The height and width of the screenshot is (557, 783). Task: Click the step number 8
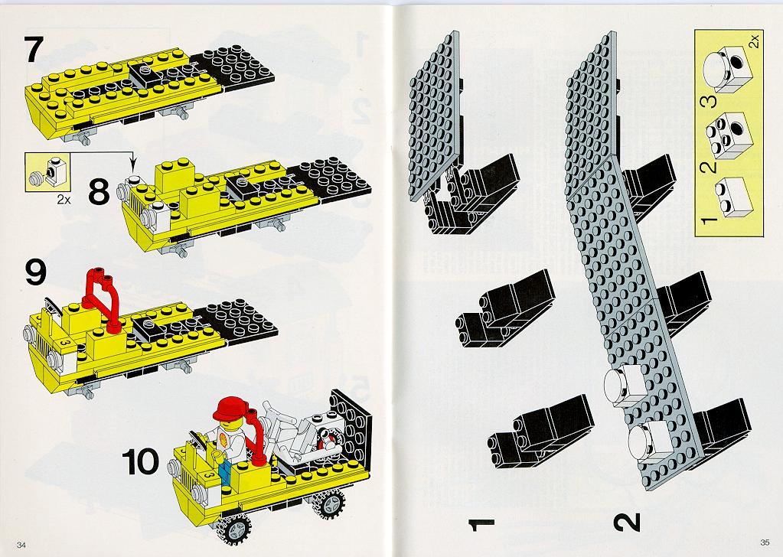pyautogui.click(x=99, y=192)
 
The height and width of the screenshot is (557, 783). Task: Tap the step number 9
pyautogui.click(x=35, y=272)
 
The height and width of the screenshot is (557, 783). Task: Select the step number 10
pyautogui.click(x=141, y=461)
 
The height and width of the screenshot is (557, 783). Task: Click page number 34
pyautogui.click(x=21, y=544)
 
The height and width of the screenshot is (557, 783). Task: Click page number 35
pyautogui.click(x=765, y=542)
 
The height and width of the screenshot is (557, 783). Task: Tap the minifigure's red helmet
pyautogui.click(x=230, y=409)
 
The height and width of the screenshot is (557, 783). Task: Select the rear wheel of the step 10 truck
pyautogui.click(x=328, y=503)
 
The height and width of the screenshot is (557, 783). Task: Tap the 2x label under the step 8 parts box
pyautogui.click(x=64, y=200)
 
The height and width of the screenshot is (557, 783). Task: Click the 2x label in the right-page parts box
pyautogui.click(x=754, y=40)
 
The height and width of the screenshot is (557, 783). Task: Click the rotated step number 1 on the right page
pyautogui.click(x=481, y=523)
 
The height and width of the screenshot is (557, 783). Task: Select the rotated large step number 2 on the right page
pyautogui.click(x=627, y=522)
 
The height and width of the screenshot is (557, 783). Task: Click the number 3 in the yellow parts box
pyautogui.click(x=710, y=100)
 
